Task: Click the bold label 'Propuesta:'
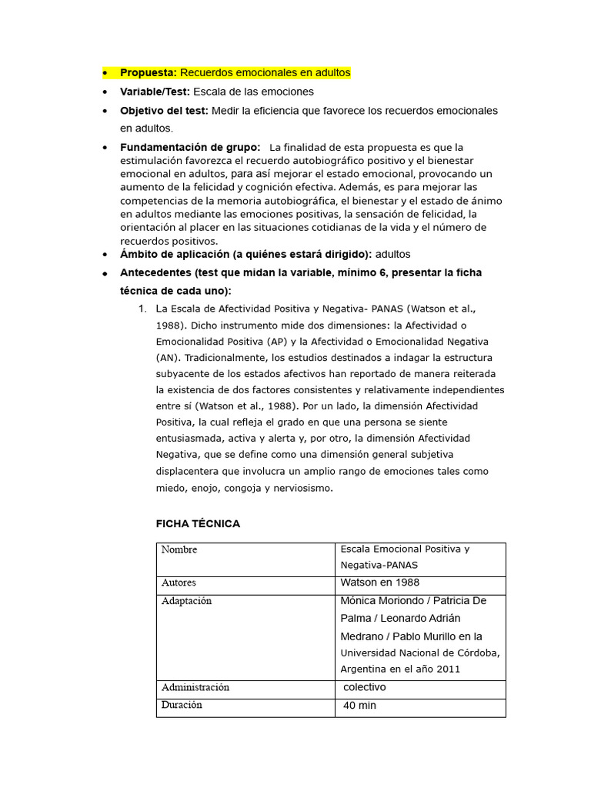pyautogui.click(x=149, y=72)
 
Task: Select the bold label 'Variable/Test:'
pyautogui.click(x=155, y=92)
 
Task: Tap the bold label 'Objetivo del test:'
pyautogui.click(x=164, y=111)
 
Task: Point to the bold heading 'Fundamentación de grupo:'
pyautogui.click(x=189, y=147)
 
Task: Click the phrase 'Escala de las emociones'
pyautogui.click(x=253, y=92)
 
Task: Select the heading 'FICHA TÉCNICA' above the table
pyautogui.click(x=198, y=524)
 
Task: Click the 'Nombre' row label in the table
pyautogui.click(x=179, y=549)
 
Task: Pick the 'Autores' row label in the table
pyautogui.click(x=179, y=583)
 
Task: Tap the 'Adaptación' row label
pyautogui.click(x=186, y=601)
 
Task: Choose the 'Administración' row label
pyautogui.click(x=195, y=687)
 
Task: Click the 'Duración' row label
pyautogui.click(x=182, y=705)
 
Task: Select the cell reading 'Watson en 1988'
pyautogui.click(x=379, y=583)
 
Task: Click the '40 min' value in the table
pyautogui.click(x=359, y=705)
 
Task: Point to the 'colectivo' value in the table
pyautogui.click(x=364, y=687)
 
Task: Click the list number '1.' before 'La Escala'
pyautogui.click(x=142, y=309)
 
